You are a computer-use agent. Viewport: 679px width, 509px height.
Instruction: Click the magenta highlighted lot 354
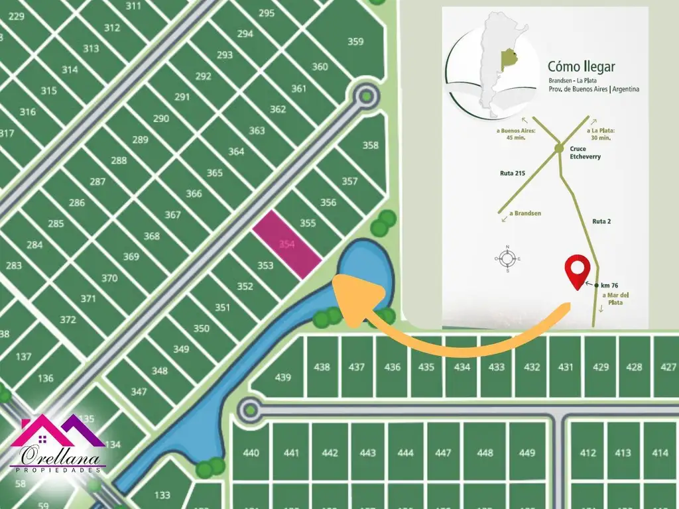click(286, 245)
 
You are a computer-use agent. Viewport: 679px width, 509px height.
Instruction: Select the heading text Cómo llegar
click(581, 67)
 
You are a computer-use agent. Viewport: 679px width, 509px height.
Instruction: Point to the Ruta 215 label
click(512, 174)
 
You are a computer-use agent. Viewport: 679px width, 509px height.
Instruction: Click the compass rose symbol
click(507, 258)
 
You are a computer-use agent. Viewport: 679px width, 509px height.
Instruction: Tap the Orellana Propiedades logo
click(58, 445)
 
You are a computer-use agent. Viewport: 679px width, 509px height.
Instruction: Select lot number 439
click(283, 377)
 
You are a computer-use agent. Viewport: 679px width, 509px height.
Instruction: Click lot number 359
click(355, 42)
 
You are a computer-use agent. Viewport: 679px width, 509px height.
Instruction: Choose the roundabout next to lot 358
click(365, 97)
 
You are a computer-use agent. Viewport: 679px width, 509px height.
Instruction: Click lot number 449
click(527, 453)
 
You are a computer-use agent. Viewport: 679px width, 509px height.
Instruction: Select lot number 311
click(133, 7)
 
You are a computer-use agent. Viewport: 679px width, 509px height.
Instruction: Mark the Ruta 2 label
click(602, 222)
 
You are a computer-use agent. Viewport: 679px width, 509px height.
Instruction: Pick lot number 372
click(68, 319)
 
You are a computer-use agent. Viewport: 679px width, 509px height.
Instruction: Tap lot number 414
click(660, 453)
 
